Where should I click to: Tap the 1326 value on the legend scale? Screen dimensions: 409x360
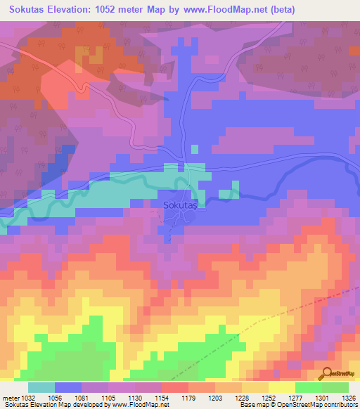[x=337, y=398]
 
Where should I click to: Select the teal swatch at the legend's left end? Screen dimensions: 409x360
[x=41, y=387]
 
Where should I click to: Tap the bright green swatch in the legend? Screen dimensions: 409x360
[x=308, y=387]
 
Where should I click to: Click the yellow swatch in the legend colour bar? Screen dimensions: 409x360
[x=281, y=387]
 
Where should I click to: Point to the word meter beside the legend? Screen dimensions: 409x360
[x=10, y=398]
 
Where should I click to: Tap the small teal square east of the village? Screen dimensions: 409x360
[x=225, y=194]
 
